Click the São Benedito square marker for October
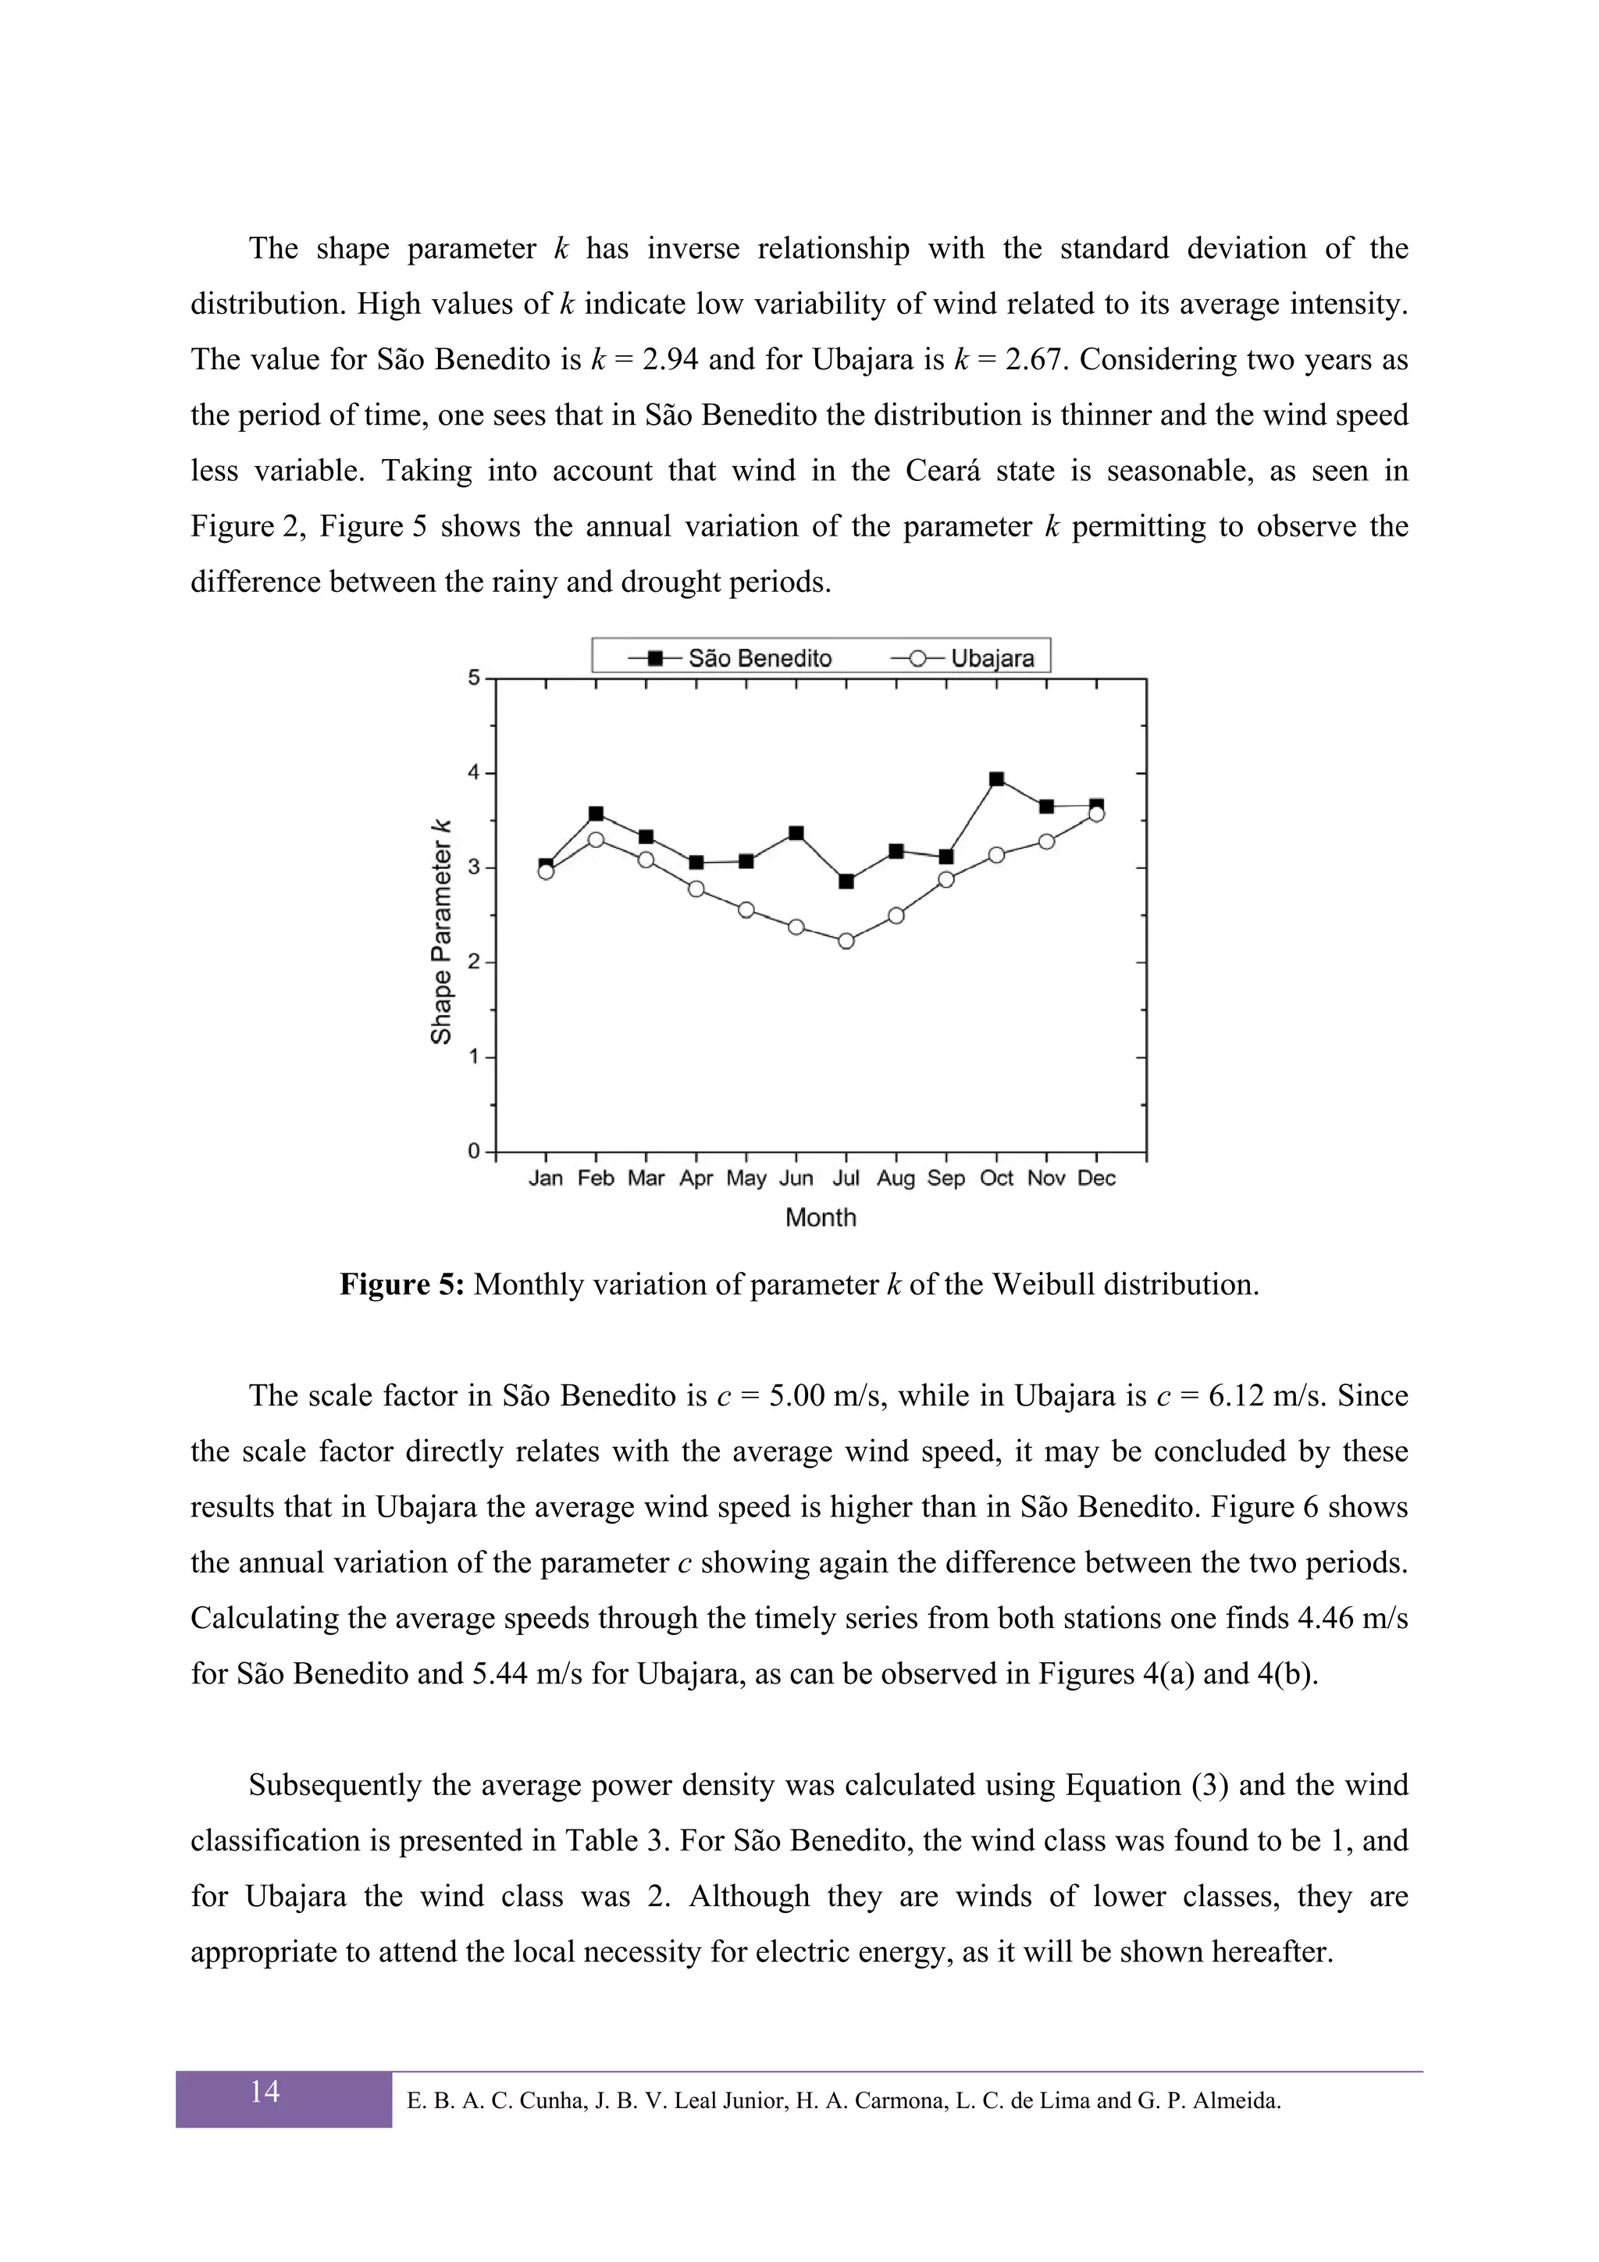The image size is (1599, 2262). [996, 779]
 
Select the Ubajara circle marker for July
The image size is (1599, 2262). [846, 941]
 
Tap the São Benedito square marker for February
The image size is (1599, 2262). [596, 814]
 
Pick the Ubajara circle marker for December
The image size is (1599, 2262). [1096, 814]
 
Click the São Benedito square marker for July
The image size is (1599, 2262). [846, 882]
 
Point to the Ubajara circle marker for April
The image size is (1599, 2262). [696, 889]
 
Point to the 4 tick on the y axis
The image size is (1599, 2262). [474, 773]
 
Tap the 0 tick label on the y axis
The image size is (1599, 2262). [474, 1151]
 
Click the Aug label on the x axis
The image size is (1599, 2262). [896, 1178]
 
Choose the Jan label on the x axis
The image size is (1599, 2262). [546, 1178]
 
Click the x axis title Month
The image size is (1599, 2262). [821, 1218]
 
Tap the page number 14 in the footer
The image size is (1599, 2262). [264, 2092]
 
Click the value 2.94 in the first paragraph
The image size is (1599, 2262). [670, 360]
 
